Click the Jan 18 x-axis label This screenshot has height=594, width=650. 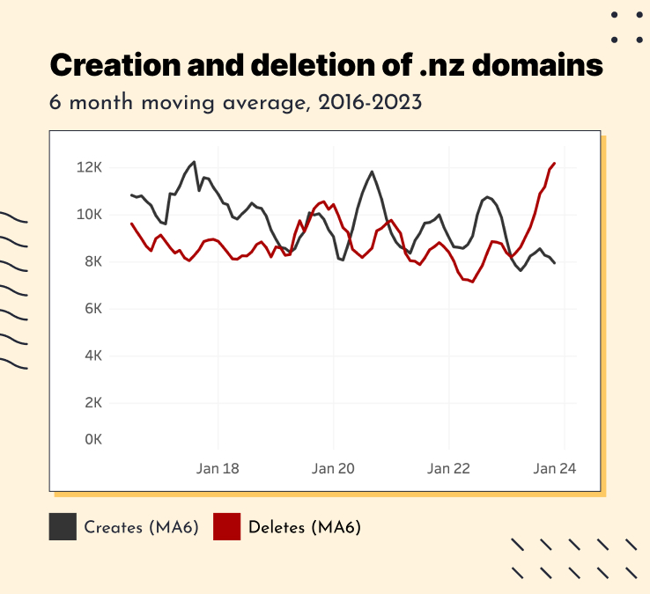click(x=217, y=469)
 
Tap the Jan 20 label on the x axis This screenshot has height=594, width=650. click(x=333, y=469)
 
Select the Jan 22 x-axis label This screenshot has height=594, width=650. click(x=449, y=469)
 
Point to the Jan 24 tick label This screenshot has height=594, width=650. click(x=554, y=469)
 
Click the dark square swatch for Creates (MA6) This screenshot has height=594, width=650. click(x=63, y=527)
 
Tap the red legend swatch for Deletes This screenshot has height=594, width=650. click(x=227, y=527)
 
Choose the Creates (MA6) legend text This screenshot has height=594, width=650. click(x=141, y=528)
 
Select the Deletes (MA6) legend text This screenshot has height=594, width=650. click(x=305, y=528)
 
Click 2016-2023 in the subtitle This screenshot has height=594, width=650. click(x=373, y=102)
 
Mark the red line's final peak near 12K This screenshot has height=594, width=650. click(x=554, y=163)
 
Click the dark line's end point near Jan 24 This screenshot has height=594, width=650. click(x=554, y=263)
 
